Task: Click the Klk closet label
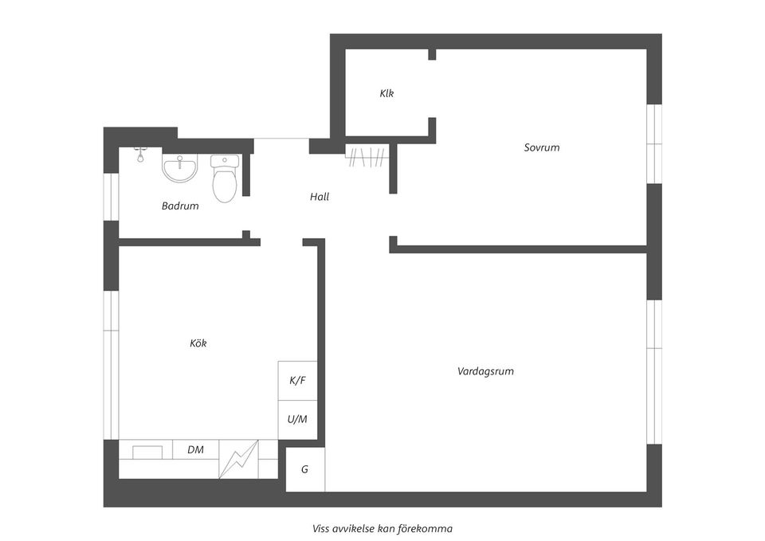tap(386, 93)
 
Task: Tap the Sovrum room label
tap(541, 147)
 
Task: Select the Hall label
tap(319, 197)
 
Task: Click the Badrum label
tap(180, 206)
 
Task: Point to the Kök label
tap(198, 343)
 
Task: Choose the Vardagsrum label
tap(485, 371)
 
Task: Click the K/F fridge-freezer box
tap(297, 381)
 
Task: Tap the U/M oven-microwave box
tap(297, 419)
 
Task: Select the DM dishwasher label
tap(195, 449)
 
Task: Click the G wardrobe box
tap(305, 469)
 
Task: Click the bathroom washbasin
tap(180, 167)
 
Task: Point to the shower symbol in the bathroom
tap(140, 154)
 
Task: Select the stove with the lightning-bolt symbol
tap(239, 459)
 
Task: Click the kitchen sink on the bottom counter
tap(147, 452)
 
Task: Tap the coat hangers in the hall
tap(367, 156)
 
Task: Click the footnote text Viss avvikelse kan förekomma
tap(382, 527)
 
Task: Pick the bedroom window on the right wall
tap(653, 143)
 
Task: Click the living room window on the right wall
tap(653, 371)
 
